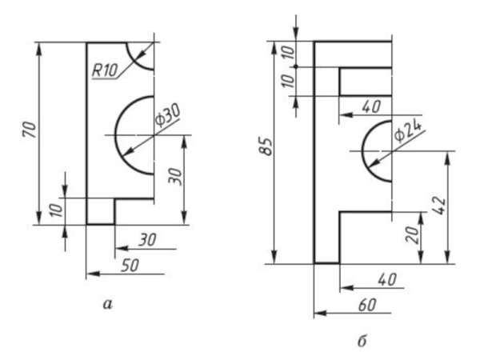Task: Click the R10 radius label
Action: pyautogui.click(x=105, y=70)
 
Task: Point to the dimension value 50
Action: pyautogui.click(x=130, y=266)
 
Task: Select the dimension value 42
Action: pyautogui.click(x=440, y=205)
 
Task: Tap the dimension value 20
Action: pyautogui.click(x=414, y=234)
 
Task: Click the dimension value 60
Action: pyautogui.click(x=367, y=305)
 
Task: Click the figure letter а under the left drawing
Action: pyautogui.click(x=108, y=304)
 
